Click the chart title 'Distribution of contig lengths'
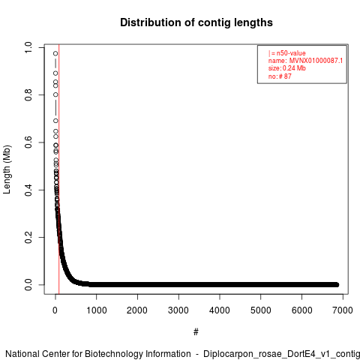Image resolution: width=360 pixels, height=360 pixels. pyautogui.click(x=196, y=22)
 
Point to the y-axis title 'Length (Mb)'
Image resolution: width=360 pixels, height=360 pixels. pyautogui.click(x=7, y=169)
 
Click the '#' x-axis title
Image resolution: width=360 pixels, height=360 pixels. pyautogui.click(x=196, y=332)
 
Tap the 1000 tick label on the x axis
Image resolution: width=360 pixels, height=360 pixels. pyautogui.click(x=97, y=310)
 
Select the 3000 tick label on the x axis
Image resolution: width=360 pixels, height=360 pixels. pyautogui.click(x=178, y=310)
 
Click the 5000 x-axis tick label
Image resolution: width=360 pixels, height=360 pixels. pyautogui.click(x=261, y=310)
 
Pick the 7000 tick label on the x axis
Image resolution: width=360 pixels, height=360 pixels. pyautogui.click(x=343, y=310)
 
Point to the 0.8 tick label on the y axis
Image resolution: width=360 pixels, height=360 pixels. pyautogui.click(x=28, y=94)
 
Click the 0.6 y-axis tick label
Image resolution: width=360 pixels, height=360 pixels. pyautogui.click(x=28, y=142)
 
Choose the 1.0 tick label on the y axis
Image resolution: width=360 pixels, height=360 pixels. pyautogui.click(x=28, y=47)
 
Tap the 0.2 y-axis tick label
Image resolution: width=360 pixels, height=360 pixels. pyautogui.click(x=28, y=237)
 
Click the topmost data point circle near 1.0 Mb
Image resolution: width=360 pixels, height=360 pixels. pyautogui.click(x=55, y=53)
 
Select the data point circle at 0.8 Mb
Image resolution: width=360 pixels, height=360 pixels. pyautogui.click(x=55, y=94)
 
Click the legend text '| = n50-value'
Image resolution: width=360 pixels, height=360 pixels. pyautogui.click(x=287, y=53)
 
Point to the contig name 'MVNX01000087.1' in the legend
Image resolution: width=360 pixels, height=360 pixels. pyautogui.click(x=316, y=61)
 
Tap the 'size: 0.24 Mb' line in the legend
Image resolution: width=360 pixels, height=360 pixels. pyautogui.click(x=287, y=68)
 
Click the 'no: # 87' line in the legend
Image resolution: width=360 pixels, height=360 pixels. pyautogui.click(x=280, y=76)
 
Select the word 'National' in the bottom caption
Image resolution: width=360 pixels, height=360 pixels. pyautogui.click(x=22, y=354)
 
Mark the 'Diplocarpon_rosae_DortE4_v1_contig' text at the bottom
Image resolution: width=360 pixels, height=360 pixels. pyautogui.click(x=281, y=355)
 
